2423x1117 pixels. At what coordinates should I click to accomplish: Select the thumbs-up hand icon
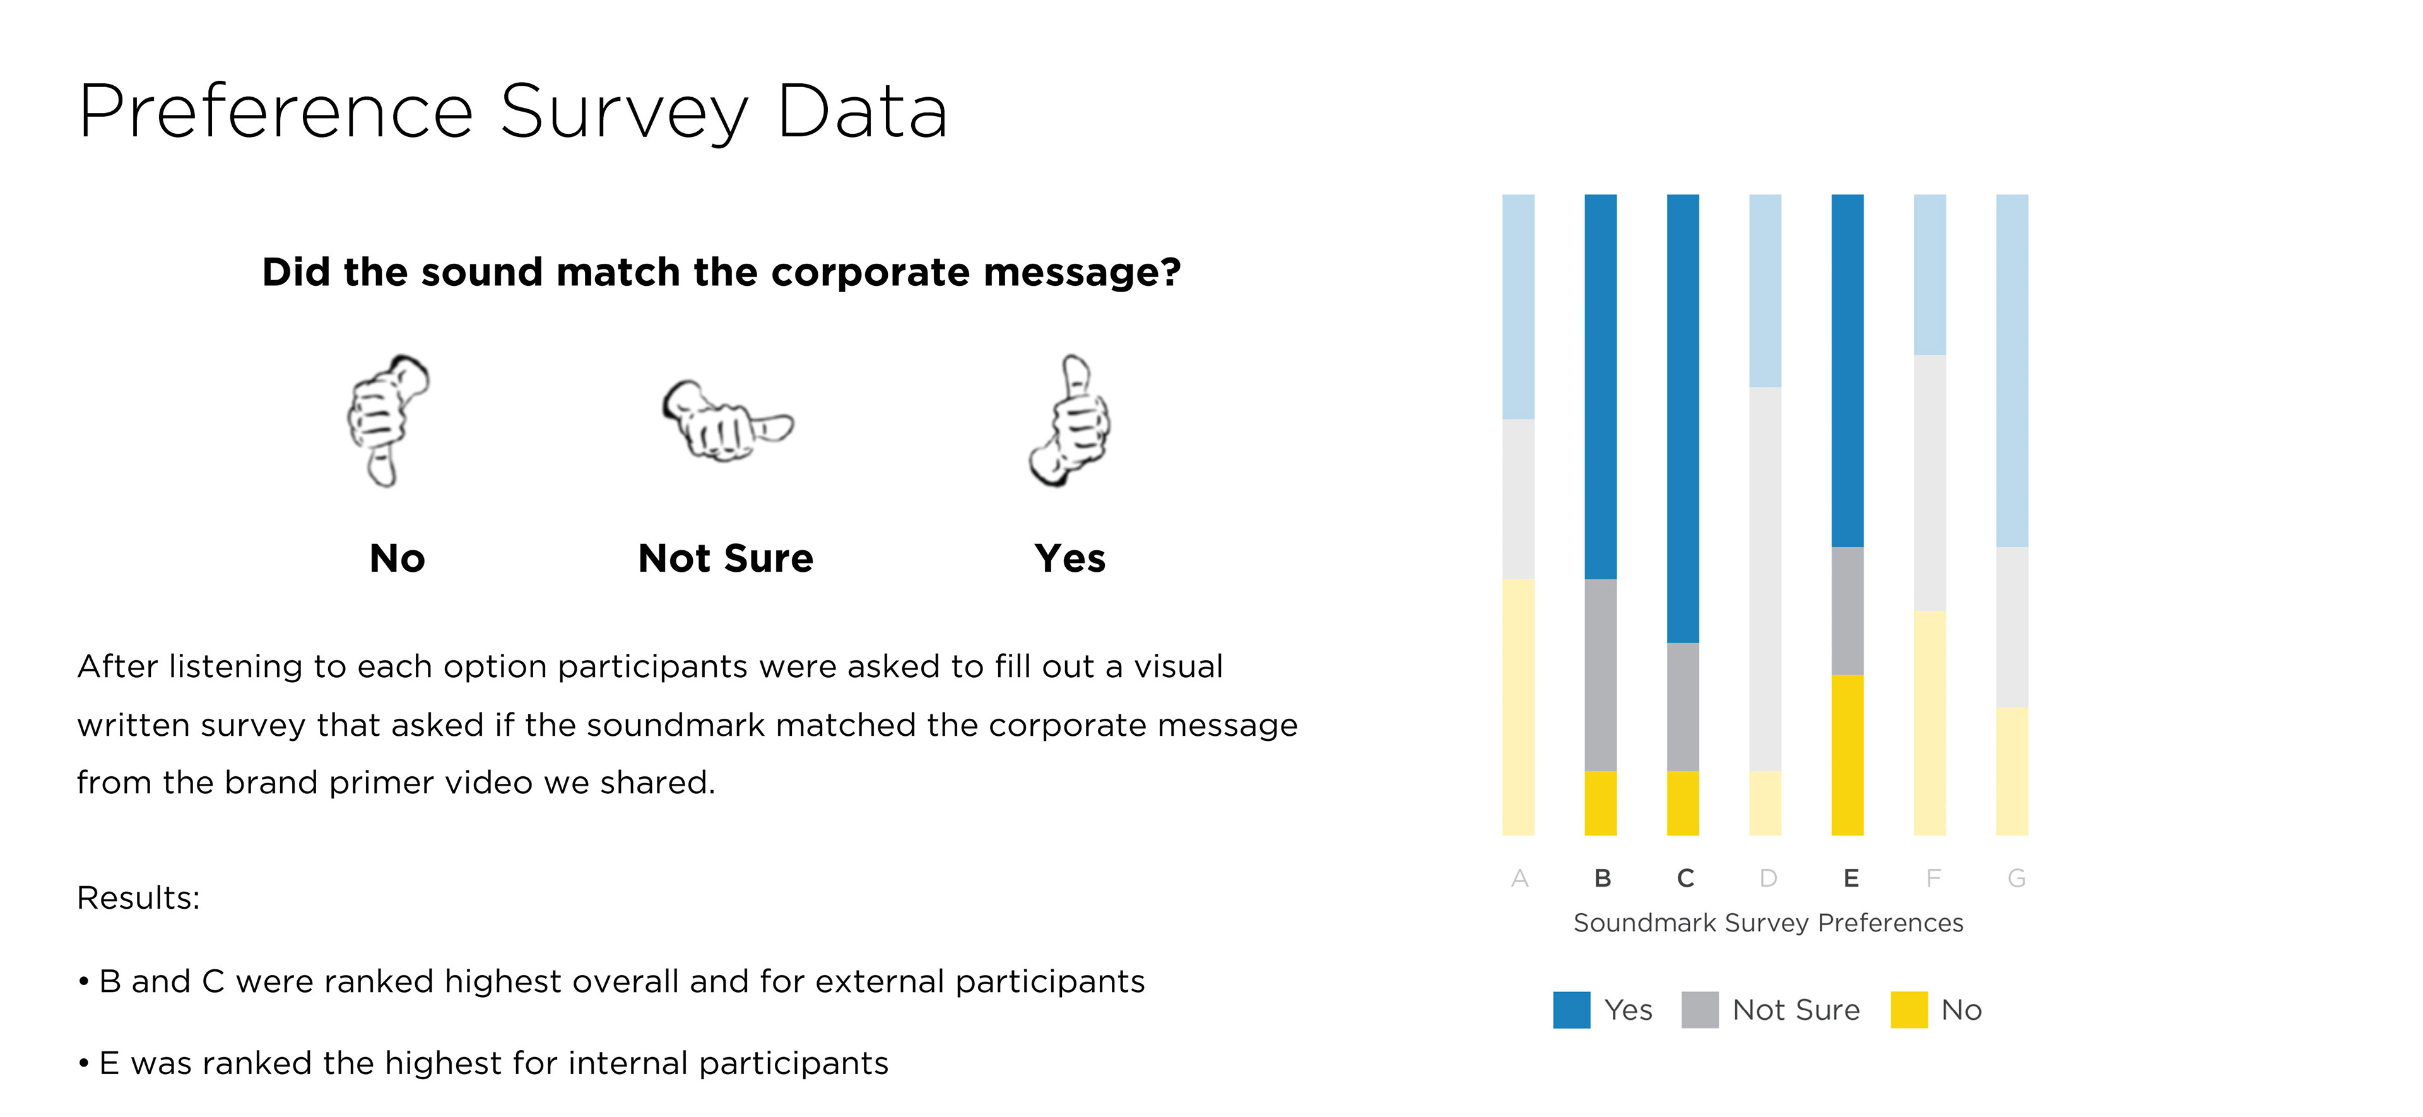click(1070, 421)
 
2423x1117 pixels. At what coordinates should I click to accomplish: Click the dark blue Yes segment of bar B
click(1600, 386)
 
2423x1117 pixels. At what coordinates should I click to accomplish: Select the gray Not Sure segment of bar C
click(1683, 707)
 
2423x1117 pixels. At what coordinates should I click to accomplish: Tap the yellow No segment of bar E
click(1848, 755)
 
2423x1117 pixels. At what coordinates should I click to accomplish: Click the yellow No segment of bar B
click(1600, 803)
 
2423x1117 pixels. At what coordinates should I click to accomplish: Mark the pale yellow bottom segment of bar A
click(1518, 707)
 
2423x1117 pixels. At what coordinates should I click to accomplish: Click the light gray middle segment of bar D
click(1765, 579)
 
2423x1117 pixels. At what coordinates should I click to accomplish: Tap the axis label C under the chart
click(1685, 878)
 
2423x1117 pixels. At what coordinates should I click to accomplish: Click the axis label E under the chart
click(1850, 878)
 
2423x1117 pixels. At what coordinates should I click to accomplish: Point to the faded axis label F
click(1932, 878)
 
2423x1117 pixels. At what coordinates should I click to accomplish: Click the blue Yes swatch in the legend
click(1571, 1010)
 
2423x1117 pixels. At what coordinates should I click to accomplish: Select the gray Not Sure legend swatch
click(1699, 1010)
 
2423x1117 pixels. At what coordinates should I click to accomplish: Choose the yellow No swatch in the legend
click(1909, 1010)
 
